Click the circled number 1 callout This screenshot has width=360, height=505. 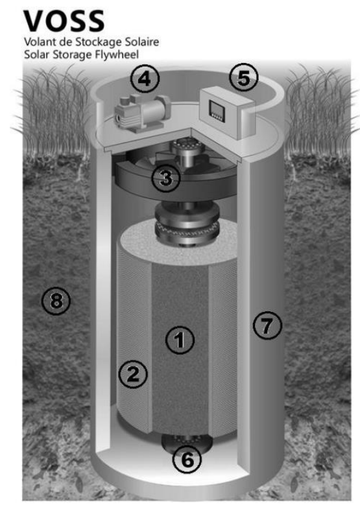click(x=180, y=340)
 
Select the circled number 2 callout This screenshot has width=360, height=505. click(x=133, y=374)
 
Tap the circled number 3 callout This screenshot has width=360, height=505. click(x=165, y=178)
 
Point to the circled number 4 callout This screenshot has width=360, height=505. click(x=145, y=78)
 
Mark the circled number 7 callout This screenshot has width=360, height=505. click(x=267, y=325)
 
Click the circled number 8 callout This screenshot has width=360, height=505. click(x=56, y=301)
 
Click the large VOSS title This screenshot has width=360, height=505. click(x=64, y=21)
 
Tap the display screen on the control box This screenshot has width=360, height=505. click(x=215, y=109)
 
